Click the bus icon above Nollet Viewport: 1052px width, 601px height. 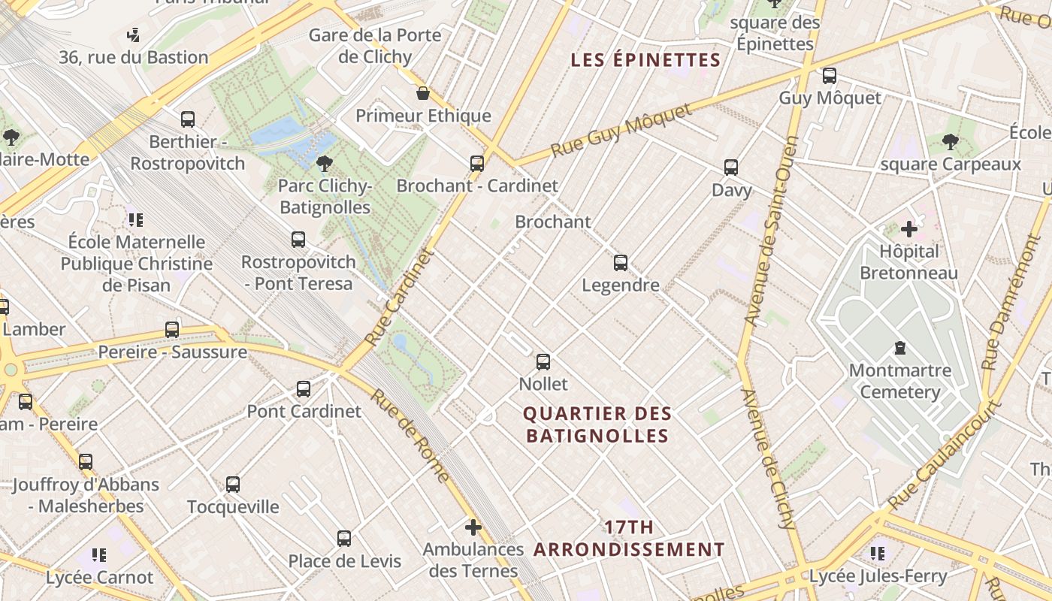click(x=543, y=362)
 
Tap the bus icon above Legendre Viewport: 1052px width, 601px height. click(x=621, y=263)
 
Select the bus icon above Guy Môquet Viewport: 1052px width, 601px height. click(x=830, y=76)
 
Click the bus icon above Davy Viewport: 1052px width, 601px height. click(x=731, y=168)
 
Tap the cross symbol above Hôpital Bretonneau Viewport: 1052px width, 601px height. click(x=909, y=229)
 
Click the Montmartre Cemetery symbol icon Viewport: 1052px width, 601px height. click(x=899, y=348)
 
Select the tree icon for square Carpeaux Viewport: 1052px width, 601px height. click(x=951, y=141)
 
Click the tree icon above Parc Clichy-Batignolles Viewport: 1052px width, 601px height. click(x=325, y=163)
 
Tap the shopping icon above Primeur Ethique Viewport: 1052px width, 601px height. click(x=423, y=93)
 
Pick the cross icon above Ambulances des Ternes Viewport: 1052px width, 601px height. click(x=473, y=527)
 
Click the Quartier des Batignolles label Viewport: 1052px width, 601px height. click(x=597, y=424)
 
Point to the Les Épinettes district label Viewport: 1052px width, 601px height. click(x=645, y=60)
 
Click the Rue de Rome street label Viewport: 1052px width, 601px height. click(x=411, y=436)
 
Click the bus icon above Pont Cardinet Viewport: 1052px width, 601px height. click(x=304, y=389)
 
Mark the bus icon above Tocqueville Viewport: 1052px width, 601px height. click(x=233, y=485)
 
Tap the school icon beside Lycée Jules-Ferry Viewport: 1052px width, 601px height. click(x=878, y=554)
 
